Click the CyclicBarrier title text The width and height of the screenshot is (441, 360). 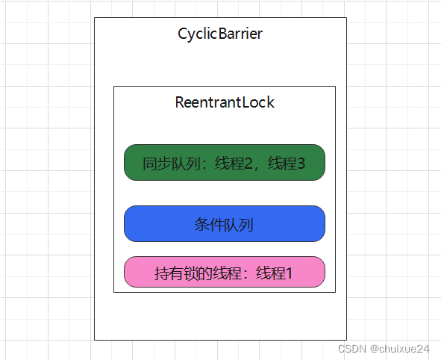tap(220, 34)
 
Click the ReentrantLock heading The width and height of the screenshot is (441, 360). tap(225, 102)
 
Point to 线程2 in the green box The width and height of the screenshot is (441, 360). tap(234, 164)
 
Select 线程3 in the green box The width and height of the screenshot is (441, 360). tap(287, 164)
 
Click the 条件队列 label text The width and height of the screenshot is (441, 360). tap(224, 225)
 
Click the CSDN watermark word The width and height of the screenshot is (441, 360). tap(350, 349)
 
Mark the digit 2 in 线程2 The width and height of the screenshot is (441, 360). tap(248, 164)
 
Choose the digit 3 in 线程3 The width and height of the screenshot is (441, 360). tap(301, 164)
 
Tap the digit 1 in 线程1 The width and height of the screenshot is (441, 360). tap(288, 273)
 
